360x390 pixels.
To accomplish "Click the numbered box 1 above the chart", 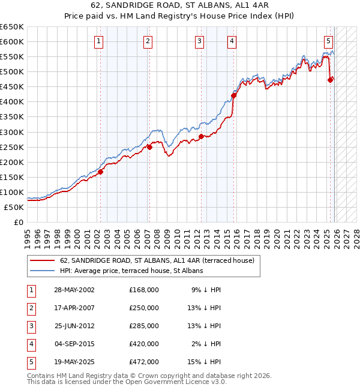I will point(98,41).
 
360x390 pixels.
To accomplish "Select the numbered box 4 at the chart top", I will point(232,41).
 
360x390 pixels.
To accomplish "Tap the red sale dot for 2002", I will point(101,172).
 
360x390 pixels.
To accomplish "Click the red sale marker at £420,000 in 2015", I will point(234,95).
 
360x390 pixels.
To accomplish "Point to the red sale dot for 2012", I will point(202,136).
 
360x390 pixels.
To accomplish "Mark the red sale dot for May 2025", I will point(331,80).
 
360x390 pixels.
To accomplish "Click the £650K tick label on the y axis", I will point(12,27).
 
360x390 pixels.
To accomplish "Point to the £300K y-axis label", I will point(12,132).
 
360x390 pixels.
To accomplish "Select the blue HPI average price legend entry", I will point(131,271).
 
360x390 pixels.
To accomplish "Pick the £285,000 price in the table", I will point(144,325).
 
